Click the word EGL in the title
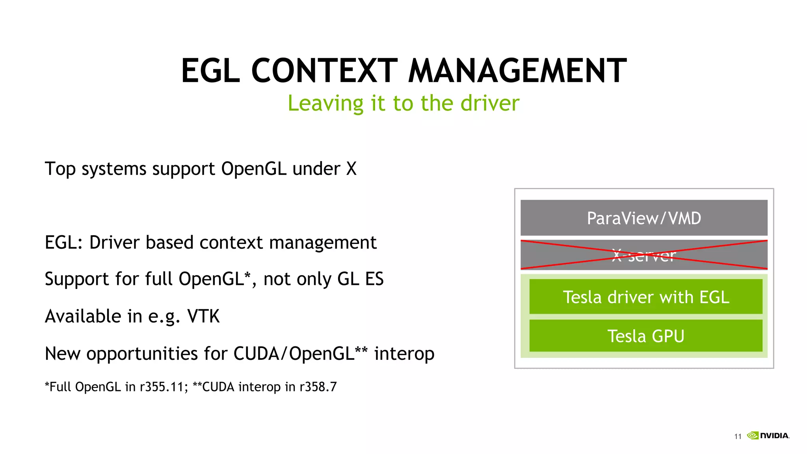(x=210, y=71)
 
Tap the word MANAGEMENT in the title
(x=517, y=71)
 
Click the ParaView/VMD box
(x=644, y=218)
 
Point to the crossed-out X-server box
(x=644, y=255)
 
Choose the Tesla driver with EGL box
(x=645, y=297)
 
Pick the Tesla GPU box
(x=645, y=336)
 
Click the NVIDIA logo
(x=768, y=435)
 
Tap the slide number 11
(x=738, y=436)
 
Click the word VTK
(x=203, y=316)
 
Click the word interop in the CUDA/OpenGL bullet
(x=404, y=354)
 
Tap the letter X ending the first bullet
(x=351, y=169)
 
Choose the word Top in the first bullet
(x=60, y=169)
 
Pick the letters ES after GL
(x=374, y=279)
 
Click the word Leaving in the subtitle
(x=325, y=104)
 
